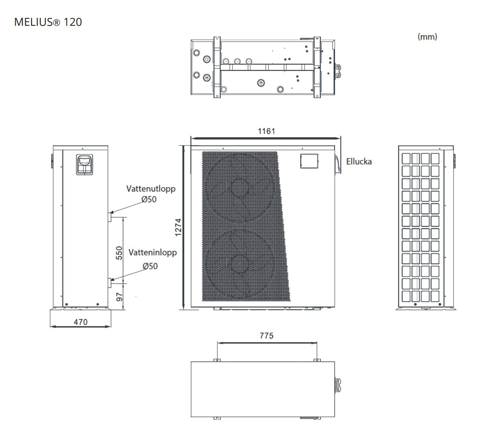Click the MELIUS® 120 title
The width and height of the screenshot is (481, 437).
pyautogui.click(x=48, y=22)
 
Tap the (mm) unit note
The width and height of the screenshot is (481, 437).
pyautogui.click(x=427, y=37)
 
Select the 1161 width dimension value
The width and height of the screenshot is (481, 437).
pyautogui.click(x=266, y=131)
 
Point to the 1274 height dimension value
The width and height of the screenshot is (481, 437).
pyautogui.click(x=178, y=227)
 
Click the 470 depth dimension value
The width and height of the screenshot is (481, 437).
pyautogui.click(x=81, y=322)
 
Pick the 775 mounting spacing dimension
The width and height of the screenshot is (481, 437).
pyautogui.click(x=266, y=336)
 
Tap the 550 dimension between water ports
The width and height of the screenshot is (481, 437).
pyautogui.click(x=119, y=253)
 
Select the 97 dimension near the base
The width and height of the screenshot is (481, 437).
pyautogui.click(x=119, y=297)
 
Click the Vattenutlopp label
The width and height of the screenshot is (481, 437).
pyautogui.click(x=151, y=189)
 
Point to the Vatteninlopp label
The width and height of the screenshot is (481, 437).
pyautogui.click(x=152, y=252)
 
